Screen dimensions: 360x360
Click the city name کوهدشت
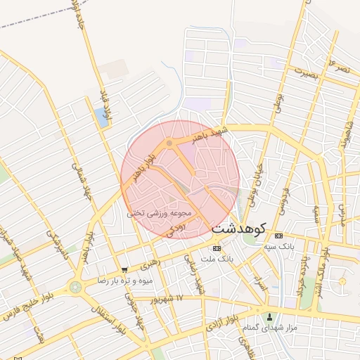pos(238,229)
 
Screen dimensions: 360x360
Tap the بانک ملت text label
pos(216,259)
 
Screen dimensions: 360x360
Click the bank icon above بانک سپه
pos(279,236)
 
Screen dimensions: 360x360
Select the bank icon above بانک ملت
pos(216,248)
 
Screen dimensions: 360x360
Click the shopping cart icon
pos(124,269)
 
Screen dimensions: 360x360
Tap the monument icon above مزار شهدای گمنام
pos(269,316)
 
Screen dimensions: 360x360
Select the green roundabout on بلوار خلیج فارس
pos(75,287)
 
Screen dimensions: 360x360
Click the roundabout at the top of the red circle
pos(169,144)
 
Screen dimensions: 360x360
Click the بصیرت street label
pos(305,72)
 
